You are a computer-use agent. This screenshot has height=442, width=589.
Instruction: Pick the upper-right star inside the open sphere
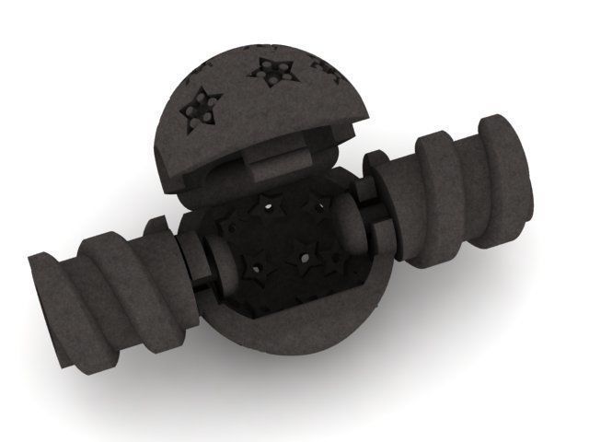click(x=322, y=204)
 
